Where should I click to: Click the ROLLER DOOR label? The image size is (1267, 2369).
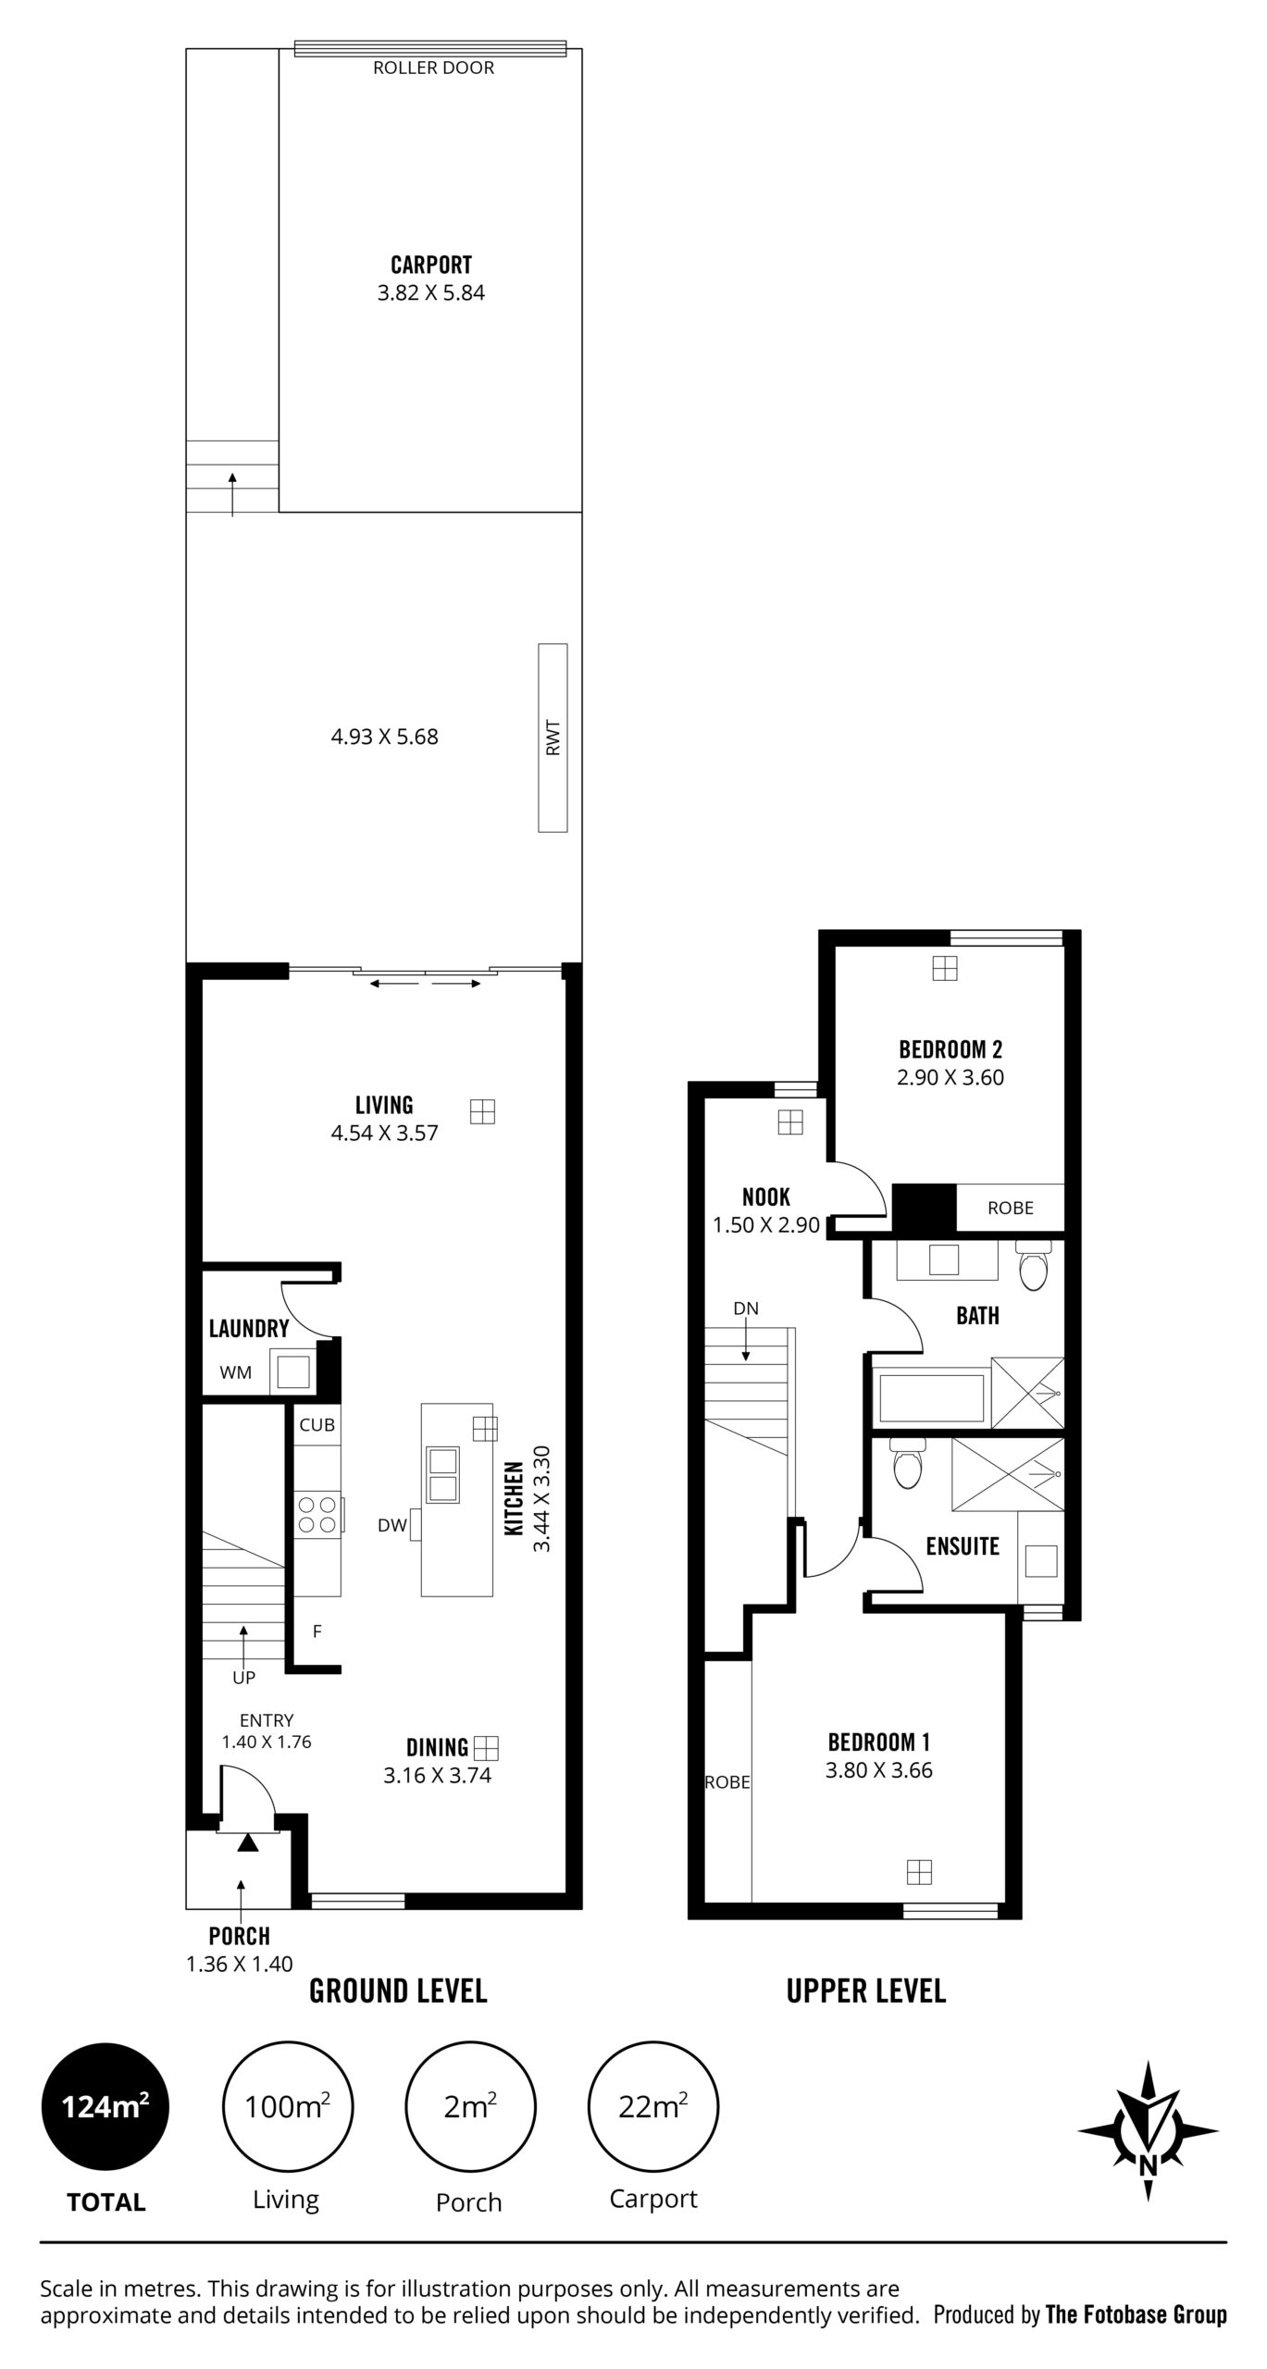(x=433, y=68)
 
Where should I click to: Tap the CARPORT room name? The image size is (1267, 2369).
(x=431, y=266)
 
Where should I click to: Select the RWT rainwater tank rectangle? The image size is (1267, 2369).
(x=553, y=738)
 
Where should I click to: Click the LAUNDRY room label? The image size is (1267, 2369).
(x=249, y=1329)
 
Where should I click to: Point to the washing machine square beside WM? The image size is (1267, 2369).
(x=293, y=1371)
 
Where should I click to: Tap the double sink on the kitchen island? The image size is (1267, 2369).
(x=441, y=1474)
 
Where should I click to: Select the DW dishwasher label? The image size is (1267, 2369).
(x=392, y=1526)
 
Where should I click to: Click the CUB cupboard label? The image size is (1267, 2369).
(x=317, y=1425)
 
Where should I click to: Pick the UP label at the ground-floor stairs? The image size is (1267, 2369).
(x=243, y=1678)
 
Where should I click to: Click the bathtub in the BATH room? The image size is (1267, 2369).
(x=931, y=1398)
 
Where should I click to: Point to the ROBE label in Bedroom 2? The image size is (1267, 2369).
(x=1010, y=1208)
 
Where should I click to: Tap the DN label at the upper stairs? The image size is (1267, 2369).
(x=746, y=1309)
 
